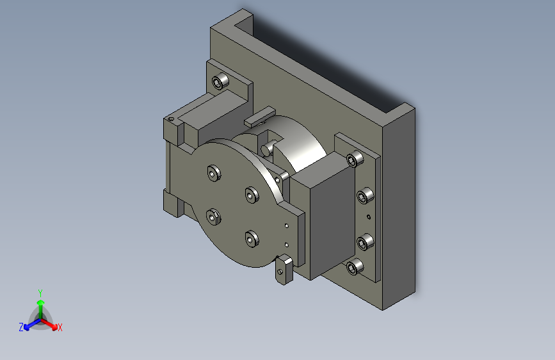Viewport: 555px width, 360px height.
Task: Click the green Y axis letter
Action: point(40,293)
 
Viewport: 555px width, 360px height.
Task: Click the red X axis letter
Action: point(60,327)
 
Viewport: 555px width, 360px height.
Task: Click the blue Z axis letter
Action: point(21,327)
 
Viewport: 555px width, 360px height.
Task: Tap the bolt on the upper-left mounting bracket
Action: point(220,81)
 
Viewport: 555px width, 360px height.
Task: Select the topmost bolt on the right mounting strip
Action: point(355,159)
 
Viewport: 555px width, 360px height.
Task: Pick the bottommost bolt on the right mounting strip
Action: point(355,267)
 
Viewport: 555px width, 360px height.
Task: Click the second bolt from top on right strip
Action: point(365,196)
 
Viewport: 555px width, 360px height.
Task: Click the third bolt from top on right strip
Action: point(365,242)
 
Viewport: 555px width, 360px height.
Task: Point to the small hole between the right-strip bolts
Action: point(369,217)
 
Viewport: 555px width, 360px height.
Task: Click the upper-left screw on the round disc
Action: point(214,173)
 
